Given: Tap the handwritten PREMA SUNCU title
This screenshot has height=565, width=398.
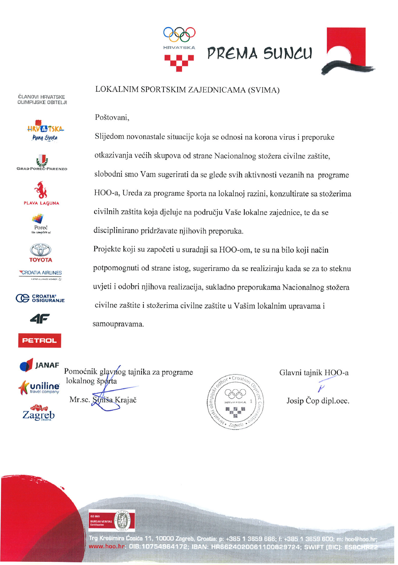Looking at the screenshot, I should (260, 53).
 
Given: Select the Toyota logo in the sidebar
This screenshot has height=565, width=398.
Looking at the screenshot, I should (41, 253).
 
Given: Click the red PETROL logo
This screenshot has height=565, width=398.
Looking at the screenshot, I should (39, 340).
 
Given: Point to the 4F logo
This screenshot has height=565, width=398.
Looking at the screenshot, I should (39, 319).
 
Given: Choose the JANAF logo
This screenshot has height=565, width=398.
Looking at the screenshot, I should (40, 365).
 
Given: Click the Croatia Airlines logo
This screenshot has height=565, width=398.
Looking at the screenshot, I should (40, 273).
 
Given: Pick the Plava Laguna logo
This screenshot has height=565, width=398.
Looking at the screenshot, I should (41, 193).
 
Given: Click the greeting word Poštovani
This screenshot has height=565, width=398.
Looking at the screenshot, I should (111, 118).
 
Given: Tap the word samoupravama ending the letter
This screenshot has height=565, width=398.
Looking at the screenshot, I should (118, 324).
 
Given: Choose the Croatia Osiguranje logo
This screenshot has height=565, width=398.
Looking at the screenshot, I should (40, 298).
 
